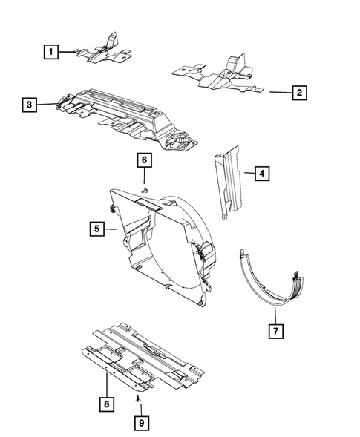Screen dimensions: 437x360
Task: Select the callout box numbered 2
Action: [298, 93]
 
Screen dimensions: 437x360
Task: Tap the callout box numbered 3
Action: [28, 106]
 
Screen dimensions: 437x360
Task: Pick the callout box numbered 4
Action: [261, 174]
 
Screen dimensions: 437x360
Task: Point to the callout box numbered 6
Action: [145, 160]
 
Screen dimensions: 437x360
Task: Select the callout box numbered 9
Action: [140, 422]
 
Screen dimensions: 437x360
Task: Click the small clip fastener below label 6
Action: [145, 191]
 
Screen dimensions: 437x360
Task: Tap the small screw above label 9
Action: [140, 398]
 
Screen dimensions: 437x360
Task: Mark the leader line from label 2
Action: [278, 93]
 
